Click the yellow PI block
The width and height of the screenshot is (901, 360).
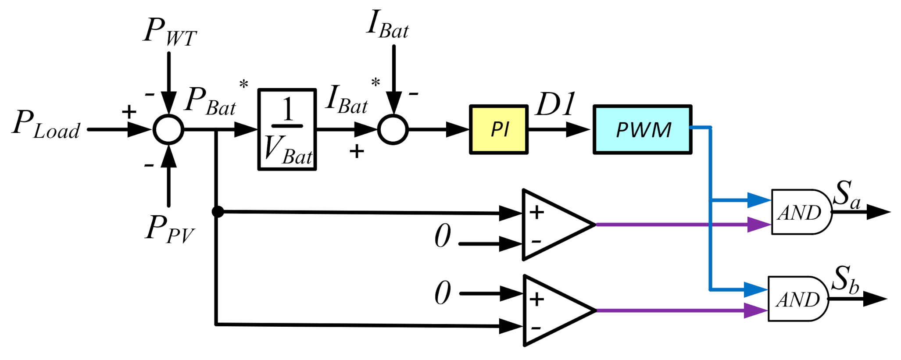pos(499,129)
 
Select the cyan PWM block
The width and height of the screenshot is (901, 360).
pos(643,129)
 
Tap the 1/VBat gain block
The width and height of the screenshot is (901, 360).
pos(287,129)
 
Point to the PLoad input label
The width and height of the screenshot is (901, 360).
pos(46,125)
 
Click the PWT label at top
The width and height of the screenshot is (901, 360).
pos(170,32)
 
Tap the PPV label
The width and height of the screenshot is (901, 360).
pos(169,229)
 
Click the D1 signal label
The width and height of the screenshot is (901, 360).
pos(555,104)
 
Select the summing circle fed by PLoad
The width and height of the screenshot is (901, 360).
pos(168,129)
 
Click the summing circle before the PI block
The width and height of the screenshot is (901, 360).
pos(393,129)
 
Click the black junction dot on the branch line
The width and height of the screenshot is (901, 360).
pos(217,212)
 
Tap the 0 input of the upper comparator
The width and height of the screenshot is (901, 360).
pos(443,236)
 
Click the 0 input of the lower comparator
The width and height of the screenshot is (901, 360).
pos(443,293)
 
